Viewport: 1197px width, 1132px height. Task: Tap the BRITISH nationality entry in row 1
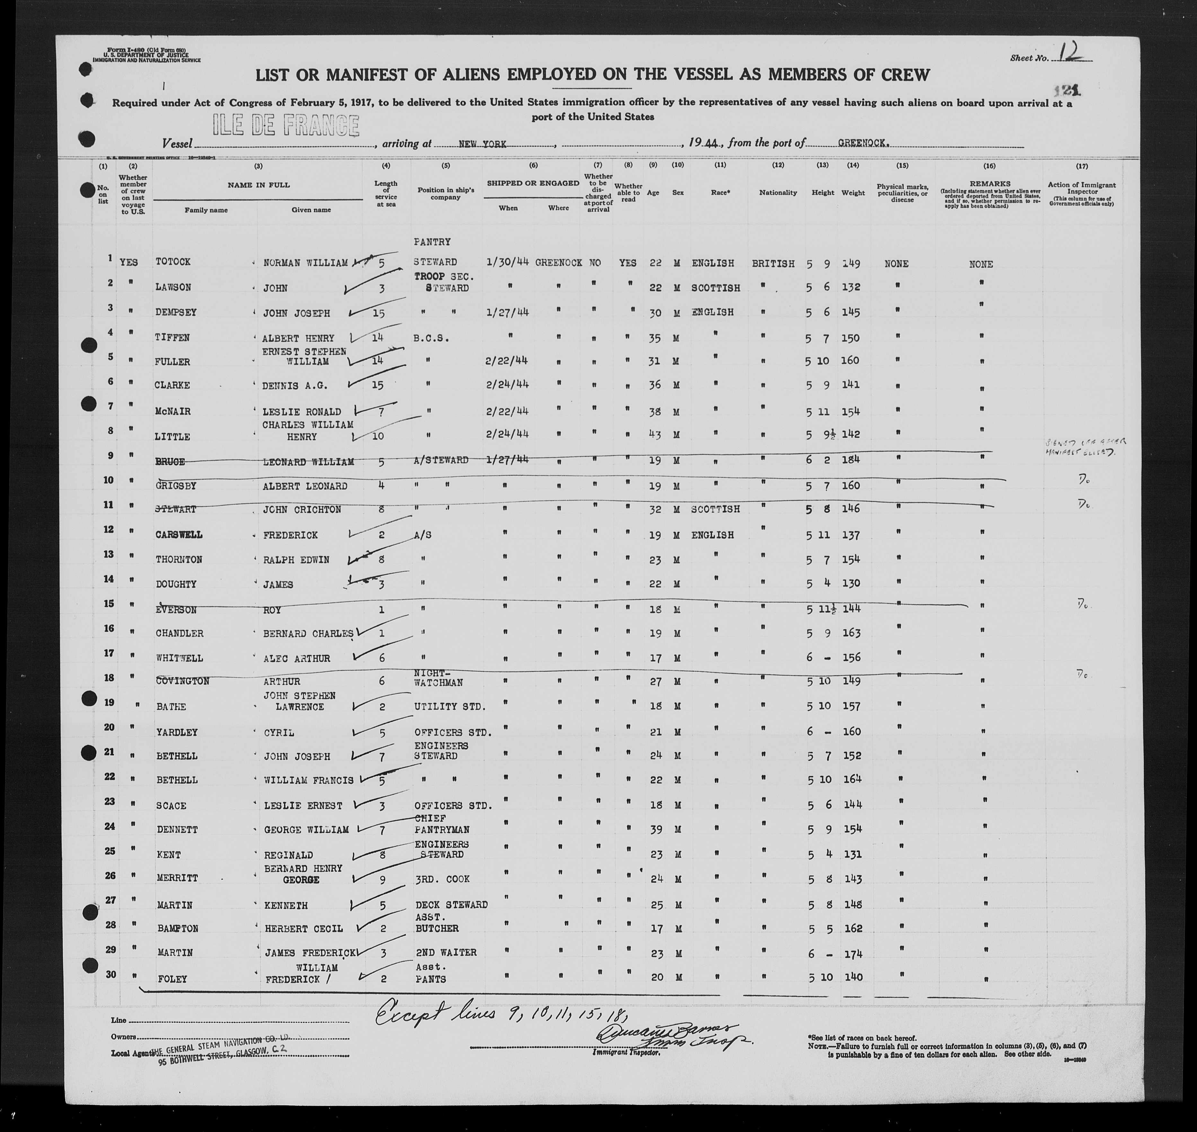click(x=774, y=264)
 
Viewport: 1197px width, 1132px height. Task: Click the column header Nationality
click(x=778, y=193)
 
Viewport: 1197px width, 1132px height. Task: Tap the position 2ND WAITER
click(x=446, y=952)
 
